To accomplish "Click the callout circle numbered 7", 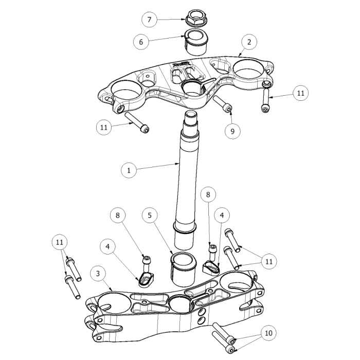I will [149, 20].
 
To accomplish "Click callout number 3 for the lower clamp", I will [98, 273].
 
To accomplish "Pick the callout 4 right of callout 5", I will [222, 214].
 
